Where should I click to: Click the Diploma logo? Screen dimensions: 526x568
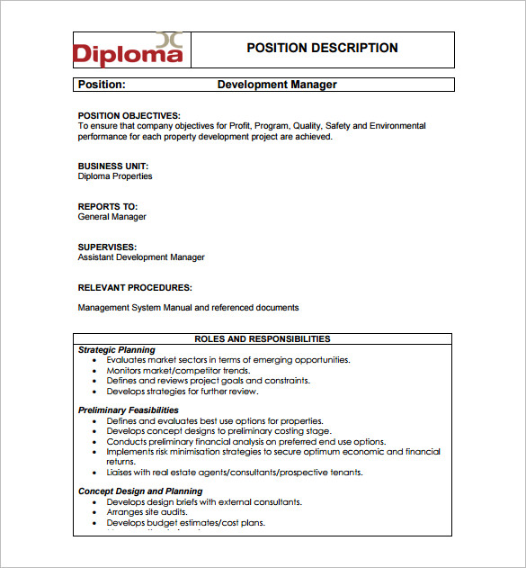[129, 50]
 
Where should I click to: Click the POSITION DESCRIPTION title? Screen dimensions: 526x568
[322, 49]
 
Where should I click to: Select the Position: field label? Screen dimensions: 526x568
[102, 85]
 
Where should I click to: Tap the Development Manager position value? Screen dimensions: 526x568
[277, 85]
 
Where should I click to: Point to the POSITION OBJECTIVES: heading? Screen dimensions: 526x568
[129, 115]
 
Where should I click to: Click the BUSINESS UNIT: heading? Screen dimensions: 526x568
[113, 166]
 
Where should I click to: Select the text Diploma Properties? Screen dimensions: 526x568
[115, 176]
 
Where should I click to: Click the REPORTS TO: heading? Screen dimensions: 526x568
[107, 206]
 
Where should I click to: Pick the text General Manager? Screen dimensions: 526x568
[111, 217]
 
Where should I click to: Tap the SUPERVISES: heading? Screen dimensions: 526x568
[107, 247]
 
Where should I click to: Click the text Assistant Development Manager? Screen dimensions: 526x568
[141, 257]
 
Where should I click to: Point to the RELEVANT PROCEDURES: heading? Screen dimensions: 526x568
[135, 288]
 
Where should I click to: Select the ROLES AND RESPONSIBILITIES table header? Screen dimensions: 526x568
[263, 339]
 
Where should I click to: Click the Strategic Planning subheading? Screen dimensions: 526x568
[116, 350]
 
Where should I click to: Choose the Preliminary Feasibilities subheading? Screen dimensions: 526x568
[128, 410]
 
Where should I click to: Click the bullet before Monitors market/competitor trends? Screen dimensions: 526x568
[96, 371]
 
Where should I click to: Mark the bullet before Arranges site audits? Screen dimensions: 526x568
[96, 513]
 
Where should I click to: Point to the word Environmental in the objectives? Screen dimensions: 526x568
[397, 126]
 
